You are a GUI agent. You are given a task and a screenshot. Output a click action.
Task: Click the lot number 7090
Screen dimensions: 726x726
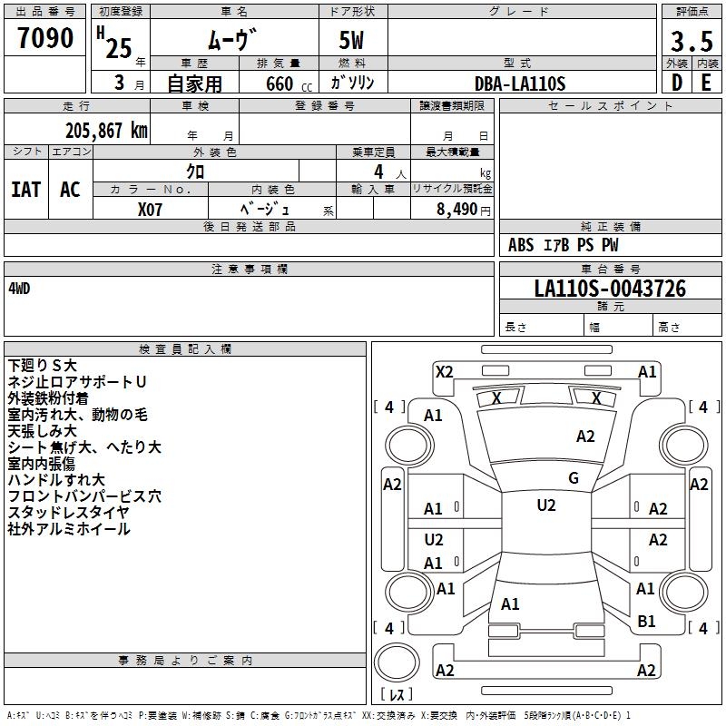(x=45, y=37)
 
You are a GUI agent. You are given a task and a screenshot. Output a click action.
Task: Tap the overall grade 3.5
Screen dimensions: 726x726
(x=692, y=41)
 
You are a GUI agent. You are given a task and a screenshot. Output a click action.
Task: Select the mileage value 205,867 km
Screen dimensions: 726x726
(x=106, y=131)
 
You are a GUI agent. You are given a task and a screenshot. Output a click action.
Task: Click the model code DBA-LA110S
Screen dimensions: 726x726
(x=520, y=83)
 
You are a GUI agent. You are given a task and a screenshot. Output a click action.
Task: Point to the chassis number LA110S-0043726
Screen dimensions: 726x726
(x=610, y=289)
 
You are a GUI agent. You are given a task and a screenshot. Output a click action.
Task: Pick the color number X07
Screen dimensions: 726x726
(x=150, y=210)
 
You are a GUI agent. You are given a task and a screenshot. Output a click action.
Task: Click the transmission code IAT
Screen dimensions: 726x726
(x=26, y=190)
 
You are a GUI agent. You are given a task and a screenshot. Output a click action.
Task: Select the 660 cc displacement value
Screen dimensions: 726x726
(x=289, y=84)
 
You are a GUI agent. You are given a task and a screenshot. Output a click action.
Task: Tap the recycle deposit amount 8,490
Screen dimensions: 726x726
(x=456, y=210)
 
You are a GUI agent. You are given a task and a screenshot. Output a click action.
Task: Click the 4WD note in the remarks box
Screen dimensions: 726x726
(x=19, y=289)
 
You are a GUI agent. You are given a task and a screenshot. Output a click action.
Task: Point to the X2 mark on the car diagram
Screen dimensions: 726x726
(x=445, y=372)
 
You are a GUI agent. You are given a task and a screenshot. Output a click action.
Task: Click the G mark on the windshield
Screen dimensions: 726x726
(x=574, y=478)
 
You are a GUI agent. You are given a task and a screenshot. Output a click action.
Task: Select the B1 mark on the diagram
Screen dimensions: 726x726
(x=646, y=622)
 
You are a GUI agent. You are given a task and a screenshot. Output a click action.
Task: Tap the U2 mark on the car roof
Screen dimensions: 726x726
(x=546, y=505)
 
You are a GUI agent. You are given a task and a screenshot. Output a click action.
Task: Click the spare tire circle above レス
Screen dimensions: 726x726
(x=397, y=662)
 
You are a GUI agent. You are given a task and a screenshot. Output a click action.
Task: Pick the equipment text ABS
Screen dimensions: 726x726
(x=521, y=245)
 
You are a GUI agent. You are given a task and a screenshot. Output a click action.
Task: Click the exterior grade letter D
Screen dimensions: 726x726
(x=677, y=83)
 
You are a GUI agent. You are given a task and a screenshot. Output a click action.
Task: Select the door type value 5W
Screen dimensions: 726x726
(x=351, y=40)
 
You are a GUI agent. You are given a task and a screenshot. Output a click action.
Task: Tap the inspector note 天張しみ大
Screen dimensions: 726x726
(x=42, y=431)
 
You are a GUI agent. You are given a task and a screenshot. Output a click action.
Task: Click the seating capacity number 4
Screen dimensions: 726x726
(x=378, y=172)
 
